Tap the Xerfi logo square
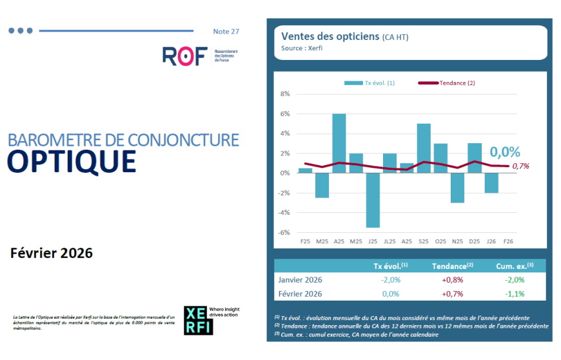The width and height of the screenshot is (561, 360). (x=198, y=320)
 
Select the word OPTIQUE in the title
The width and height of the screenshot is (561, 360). (x=72, y=161)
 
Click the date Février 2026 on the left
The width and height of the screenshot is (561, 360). (x=52, y=253)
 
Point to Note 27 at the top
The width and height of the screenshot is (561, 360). (x=226, y=31)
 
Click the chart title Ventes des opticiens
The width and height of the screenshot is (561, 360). (x=330, y=36)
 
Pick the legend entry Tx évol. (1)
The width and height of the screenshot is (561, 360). (x=379, y=83)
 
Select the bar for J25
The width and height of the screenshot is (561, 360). (x=373, y=200)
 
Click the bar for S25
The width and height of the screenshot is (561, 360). (x=424, y=148)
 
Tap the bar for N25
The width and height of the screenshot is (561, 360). (x=457, y=188)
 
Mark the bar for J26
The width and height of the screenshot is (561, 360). (x=491, y=183)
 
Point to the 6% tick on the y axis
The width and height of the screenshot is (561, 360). (x=284, y=114)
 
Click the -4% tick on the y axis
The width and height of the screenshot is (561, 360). (x=284, y=213)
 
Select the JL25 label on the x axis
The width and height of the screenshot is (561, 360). (x=389, y=241)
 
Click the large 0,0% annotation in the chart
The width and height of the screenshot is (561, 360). (x=504, y=152)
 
